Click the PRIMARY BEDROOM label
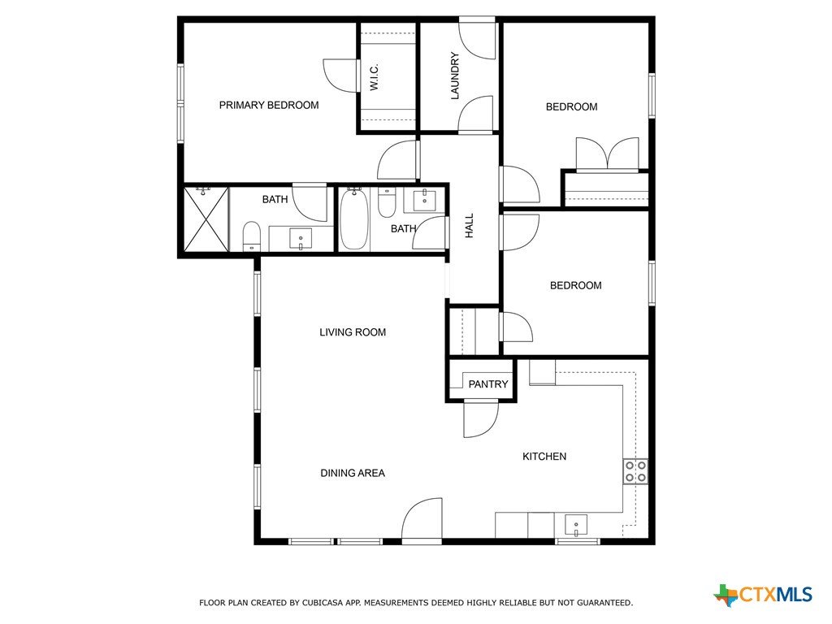tap(268, 105)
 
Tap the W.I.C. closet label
tap(374, 77)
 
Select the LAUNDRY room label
tap(454, 76)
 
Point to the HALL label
tap(469, 226)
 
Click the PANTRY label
tap(488, 383)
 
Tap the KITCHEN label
tap(544, 457)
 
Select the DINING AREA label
tap(353, 473)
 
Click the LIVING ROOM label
tap(353, 332)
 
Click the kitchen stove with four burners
tap(635, 471)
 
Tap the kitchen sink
tap(576, 526)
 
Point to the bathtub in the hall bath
tap(354, 219)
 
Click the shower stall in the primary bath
tap(206, 219)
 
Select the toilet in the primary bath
tap(252, 236)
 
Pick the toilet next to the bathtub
tap(386, 202)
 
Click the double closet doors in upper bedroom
tap(607, 154)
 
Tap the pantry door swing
tap(480, 419)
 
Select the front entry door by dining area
tap(422, 521)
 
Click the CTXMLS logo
tap(762, 594)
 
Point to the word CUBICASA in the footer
tap(322, 603)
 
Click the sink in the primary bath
tap(301, 239)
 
